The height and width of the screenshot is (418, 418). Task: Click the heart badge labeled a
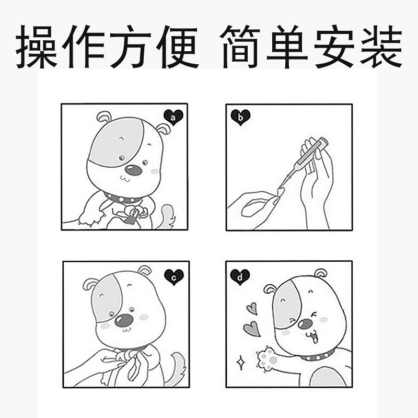tap(173, 117)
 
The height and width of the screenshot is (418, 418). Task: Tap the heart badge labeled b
tap(240, 117)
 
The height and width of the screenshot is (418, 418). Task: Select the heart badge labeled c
tap(174, 277)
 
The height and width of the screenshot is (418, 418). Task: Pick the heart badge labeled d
tap(240, 277)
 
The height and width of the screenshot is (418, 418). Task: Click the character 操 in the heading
tap(37, 47)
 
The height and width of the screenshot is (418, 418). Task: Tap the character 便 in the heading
tap(178, 47)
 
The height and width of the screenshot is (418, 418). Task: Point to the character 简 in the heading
tap(240, 47)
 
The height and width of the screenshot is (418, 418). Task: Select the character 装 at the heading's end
tap(381, 47)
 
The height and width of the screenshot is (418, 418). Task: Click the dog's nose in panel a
tap(133, 170)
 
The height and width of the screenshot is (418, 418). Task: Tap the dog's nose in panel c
tap(124, 320)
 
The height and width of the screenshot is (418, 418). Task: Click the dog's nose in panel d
tap(305, 323)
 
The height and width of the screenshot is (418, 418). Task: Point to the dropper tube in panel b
tap(303, 162)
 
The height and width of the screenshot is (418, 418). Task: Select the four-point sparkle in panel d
tap(241, 363)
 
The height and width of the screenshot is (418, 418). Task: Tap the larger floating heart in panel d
tap(252, 329)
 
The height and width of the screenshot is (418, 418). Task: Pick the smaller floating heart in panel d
tap(252, 308)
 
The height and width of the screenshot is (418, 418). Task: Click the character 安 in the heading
tap(334, 47)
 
